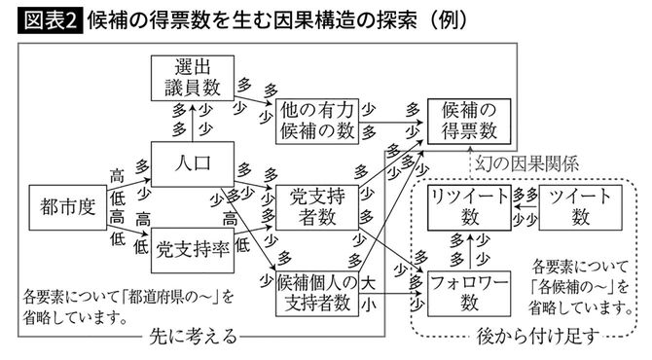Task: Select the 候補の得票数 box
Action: coord(468,118)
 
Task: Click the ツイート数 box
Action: coord(581,206)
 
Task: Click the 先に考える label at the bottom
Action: coord(194,339)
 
